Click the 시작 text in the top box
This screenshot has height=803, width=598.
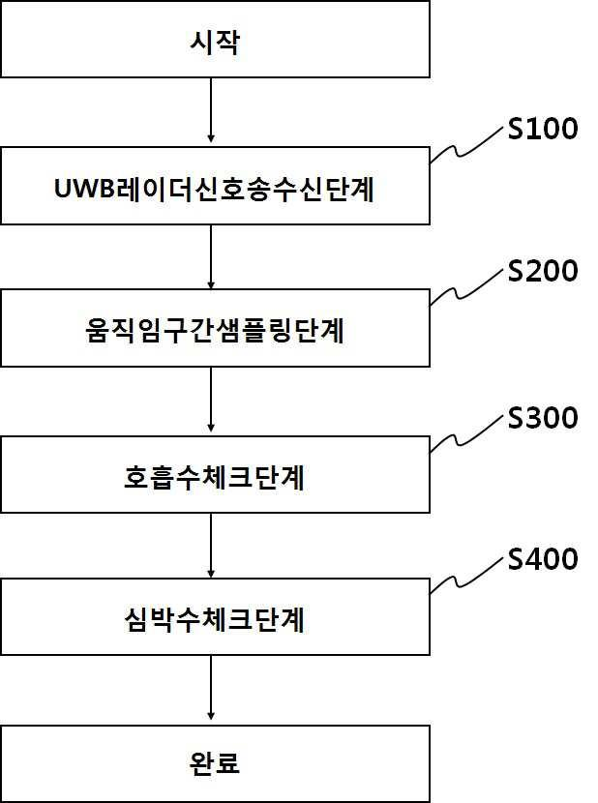[215, 42]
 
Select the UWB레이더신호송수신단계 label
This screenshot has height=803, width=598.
[214, 189]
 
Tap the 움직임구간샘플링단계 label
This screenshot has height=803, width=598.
[215, 330]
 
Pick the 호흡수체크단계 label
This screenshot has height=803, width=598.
[215, 477]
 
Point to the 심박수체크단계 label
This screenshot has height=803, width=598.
[215, 619]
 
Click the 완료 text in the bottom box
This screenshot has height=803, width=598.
[215, 763]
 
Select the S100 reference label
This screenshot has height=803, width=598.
[543, 129]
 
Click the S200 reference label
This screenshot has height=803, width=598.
[543, 271]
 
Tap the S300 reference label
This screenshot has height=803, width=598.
[543, 418]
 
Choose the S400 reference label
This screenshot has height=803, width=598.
[543, 559]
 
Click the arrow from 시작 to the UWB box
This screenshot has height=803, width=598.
[211, 110]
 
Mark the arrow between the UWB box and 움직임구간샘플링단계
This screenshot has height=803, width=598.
[211, 257]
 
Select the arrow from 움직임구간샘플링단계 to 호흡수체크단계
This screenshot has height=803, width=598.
[211, 399]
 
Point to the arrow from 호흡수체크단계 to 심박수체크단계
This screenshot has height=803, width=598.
[211, 546]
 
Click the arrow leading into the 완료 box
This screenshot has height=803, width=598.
[211, 688]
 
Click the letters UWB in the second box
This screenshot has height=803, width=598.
[83, 189]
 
